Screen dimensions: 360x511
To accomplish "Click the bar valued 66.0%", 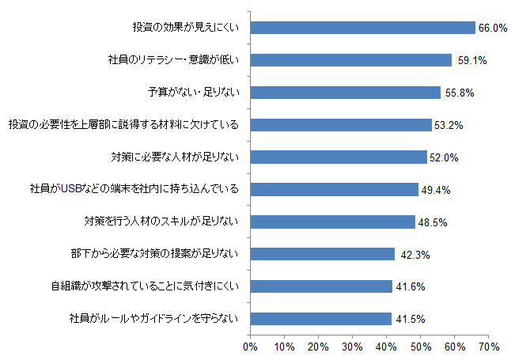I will click(362, 28).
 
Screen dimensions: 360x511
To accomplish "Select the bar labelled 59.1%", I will click(350, 60).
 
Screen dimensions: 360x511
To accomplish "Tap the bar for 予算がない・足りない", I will click(345, 93).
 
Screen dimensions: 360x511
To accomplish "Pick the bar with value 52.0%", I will click(339, 157).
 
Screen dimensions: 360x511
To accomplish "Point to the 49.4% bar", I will click(334, 189).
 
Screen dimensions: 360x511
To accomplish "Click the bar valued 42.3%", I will click(322, 254).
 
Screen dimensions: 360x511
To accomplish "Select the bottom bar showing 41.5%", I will click(320, 319).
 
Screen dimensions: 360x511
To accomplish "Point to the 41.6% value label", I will click(411, 286).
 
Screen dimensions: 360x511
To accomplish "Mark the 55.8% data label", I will click(459, 93).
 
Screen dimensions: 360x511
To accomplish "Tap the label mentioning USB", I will click(134, 189).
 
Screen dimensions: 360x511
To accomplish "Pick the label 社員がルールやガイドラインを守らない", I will click(153, 319).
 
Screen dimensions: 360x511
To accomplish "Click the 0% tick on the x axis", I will click(250, 347).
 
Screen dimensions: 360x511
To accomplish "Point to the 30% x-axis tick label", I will click(352, 347).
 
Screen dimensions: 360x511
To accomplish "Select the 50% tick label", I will click(420, 347).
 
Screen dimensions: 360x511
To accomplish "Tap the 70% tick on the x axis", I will click(488, 347).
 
